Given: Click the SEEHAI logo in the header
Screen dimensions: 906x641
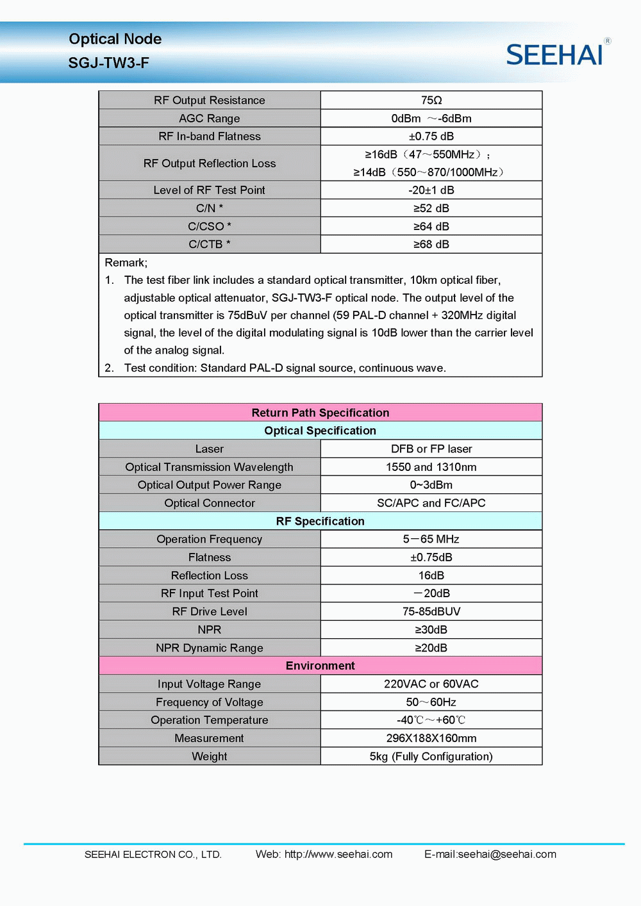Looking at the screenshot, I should pos(555,54).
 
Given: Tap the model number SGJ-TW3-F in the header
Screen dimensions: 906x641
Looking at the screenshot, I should pos(109,63).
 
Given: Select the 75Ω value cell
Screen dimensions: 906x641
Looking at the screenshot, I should pos(431,100).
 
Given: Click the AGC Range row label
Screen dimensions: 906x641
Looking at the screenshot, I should pos(210,119).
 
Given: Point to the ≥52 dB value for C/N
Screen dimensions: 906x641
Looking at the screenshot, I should pos(431,208).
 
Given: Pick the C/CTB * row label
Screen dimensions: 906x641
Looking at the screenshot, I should pos(210,244).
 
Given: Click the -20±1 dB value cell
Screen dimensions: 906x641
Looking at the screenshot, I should pos(431,190).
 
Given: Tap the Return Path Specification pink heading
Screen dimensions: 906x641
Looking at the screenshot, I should pos(320,413).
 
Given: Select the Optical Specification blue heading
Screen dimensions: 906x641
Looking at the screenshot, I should pos(320,431).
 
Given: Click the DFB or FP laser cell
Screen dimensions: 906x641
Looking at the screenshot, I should pos(431,449).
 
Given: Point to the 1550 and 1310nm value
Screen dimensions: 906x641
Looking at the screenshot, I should pos(431,467).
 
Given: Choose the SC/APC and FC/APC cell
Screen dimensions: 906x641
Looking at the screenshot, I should pos(431,503).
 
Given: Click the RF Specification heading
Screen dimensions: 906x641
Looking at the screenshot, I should pos(320,521).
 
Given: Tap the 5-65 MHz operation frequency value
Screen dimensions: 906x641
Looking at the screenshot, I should pos(431,539).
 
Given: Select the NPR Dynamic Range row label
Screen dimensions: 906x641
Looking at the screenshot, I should pos(210,648).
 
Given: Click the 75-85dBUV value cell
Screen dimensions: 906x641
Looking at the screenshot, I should pos(431,612).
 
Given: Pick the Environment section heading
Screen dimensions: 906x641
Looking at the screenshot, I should pos(320,666).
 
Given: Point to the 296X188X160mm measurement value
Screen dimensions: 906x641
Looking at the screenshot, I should pos(431,738).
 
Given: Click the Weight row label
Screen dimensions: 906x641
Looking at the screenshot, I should pos(210,757).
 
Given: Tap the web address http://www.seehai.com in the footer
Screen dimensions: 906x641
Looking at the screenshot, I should pos(338,854).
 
